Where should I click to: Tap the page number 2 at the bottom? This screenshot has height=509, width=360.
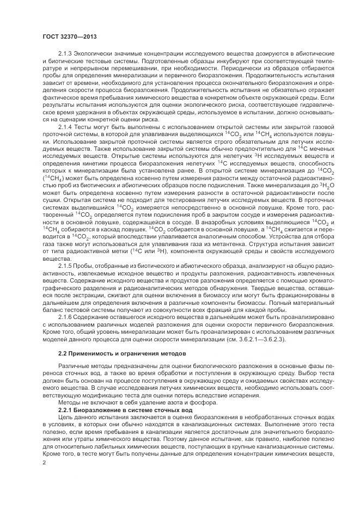(44, 463)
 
